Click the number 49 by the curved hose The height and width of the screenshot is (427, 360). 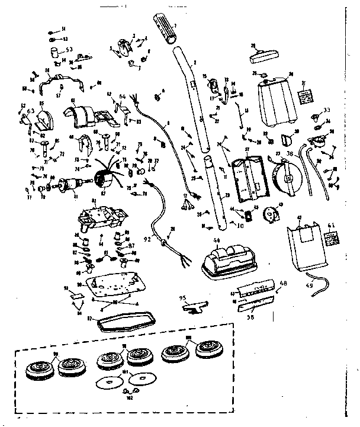click(x=309, y=288)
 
